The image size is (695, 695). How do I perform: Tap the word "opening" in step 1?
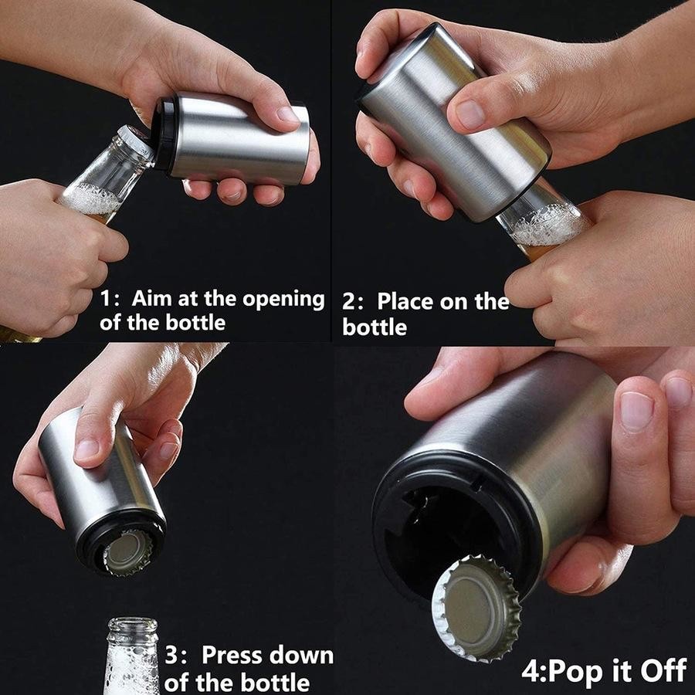point(283,300)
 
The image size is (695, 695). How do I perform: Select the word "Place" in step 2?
point(405,301)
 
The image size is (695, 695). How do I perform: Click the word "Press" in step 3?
point(236,655)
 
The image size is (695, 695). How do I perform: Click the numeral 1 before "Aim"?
point(105,298)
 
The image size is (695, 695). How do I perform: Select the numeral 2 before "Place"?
point(349,302)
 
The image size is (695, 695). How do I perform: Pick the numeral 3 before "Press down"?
point(171,655)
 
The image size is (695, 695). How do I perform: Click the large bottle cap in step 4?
point(476,608)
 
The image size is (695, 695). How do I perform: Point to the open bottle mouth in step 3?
point(133,624)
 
